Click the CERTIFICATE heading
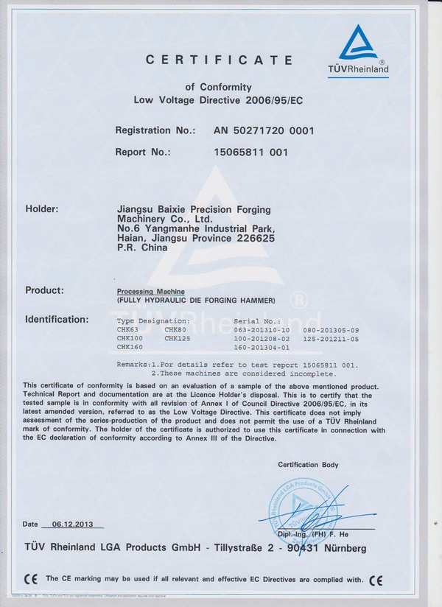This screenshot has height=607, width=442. point(219,60)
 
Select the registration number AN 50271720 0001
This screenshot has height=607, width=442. point(264,130)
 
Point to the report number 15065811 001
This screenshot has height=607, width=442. point(250,152)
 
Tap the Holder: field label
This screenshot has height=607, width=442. point(42,209)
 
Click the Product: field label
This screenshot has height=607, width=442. point(44,290)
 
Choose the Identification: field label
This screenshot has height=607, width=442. point(57,320)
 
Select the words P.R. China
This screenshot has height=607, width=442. point(142,248)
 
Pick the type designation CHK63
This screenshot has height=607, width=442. point(127,329)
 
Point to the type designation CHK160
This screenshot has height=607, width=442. point(130,347)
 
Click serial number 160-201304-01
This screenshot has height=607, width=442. point(261,347)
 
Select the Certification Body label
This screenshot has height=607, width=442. point(308,465)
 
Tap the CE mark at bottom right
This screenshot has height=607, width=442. point(376,579)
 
